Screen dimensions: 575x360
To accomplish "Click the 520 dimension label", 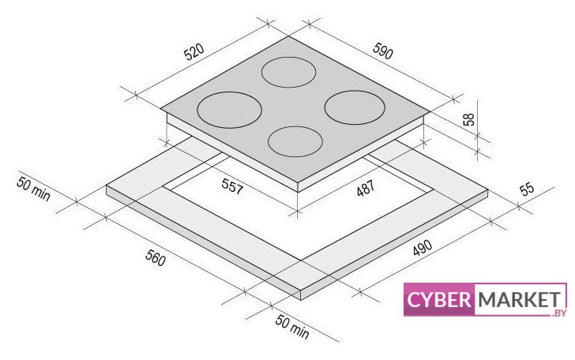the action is point(194,52).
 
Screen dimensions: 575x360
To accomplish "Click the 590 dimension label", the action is point(383,51).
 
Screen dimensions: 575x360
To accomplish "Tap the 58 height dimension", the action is point(468,119).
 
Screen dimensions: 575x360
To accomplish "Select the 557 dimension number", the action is point(232,186).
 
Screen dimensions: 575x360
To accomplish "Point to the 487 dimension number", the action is point(366,188).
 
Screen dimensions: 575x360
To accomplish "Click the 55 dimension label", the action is point(527,189).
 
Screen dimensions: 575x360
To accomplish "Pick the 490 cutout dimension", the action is point(423,248).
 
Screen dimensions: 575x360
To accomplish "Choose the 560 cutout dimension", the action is point(156,257).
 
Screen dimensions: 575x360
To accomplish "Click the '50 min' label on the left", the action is point(33,189).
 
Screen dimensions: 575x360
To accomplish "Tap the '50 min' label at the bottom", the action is point(292,327).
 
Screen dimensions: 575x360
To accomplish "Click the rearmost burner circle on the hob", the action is point(288,72).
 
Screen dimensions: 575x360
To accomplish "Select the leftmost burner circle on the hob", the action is point(229,110).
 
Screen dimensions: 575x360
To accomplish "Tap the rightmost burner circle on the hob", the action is point(355,107).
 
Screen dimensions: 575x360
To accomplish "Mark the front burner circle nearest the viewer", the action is point(295,141).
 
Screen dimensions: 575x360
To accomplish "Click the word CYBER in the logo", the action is point(439,299).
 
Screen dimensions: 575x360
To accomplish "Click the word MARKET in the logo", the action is point(520,299).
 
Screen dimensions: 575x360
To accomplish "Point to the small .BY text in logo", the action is point(558,313).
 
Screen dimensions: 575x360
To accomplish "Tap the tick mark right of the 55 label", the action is point(519,206).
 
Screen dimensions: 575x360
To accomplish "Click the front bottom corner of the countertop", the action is point(302,300).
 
